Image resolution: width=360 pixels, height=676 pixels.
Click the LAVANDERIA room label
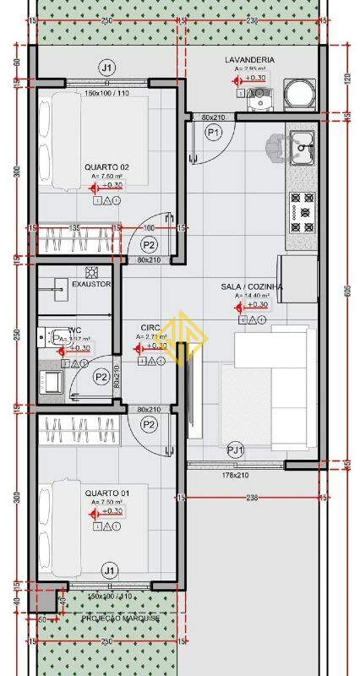pyautogui.click(x=248, y=60)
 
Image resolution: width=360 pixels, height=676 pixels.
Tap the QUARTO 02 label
pyautogui.click(x=106, y=166)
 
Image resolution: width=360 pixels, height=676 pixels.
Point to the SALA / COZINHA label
pyautogui.click(x=252, y=287)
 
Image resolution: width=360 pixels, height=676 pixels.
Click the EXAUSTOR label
pyautogui.click(x=91, y=284)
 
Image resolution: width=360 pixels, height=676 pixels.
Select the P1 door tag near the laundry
pyautogui.click(x=214, y=133)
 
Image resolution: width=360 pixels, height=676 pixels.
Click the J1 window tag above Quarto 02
pyautogui.click(x=106, y=67)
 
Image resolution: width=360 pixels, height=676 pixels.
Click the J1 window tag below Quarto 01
pyautogui.click(x=108, y=571)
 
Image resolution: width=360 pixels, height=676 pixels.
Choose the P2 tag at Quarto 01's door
pyautogui.click(x=149, y=423)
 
